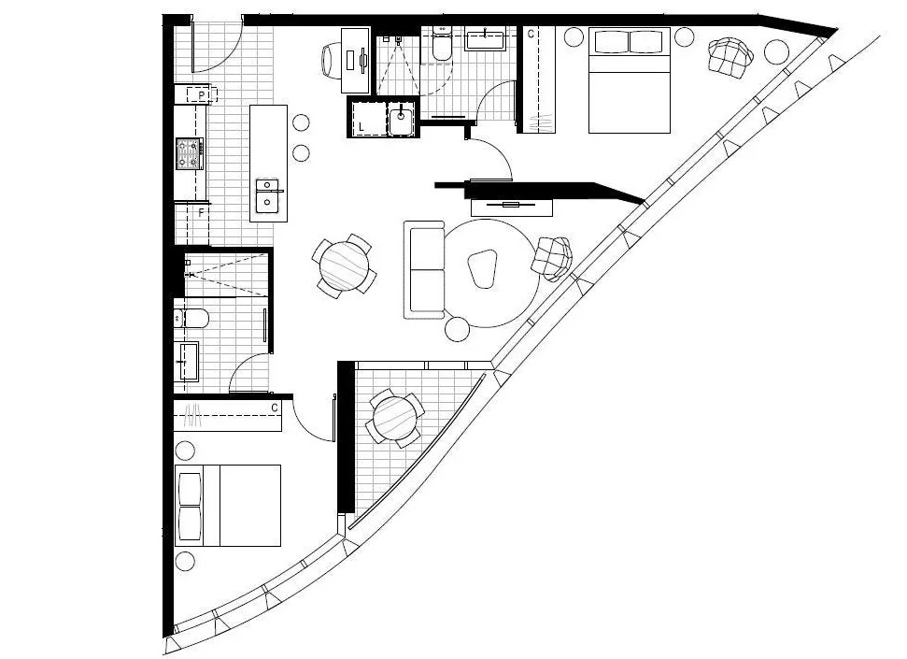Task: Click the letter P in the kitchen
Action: (x=201, y=95)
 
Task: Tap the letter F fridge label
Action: (x=201, y=213)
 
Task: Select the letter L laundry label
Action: (x=361, y=126)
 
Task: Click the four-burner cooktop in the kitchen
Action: (x=190, y=153)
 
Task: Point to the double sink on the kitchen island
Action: (x=268, y=197)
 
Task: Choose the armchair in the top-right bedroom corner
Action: (x=730, y=57)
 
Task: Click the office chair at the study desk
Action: (x=333, y=60)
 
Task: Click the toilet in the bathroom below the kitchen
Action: (x=191, y=319)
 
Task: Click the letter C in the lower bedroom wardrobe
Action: (x=275, y=408)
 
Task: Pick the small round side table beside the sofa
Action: (x=457, y=328)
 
